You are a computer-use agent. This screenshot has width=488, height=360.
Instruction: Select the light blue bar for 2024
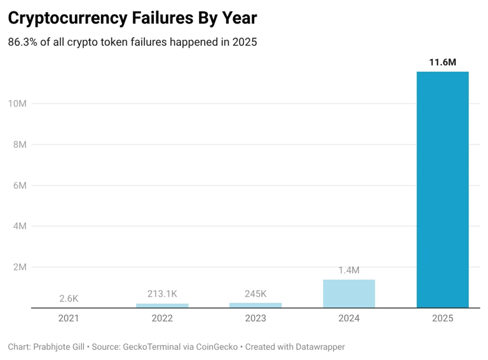[349, 293]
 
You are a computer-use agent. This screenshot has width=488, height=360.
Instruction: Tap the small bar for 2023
[255, 305]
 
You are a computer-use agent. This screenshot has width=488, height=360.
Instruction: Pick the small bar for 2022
[162, 306]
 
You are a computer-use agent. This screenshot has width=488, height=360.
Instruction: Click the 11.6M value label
[442, 62]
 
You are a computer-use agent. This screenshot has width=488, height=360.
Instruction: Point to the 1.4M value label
[349, 270]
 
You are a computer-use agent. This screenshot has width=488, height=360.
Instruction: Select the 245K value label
[255, 294]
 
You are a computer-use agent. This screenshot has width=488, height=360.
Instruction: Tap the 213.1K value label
[162, 294]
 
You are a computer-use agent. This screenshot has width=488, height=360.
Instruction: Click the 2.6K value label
[69, 298]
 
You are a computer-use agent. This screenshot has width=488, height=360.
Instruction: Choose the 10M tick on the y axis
[17, 104]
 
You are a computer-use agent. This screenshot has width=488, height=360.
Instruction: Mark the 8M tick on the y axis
[19, 144]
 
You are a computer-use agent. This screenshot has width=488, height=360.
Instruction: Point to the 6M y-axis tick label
[19, 186]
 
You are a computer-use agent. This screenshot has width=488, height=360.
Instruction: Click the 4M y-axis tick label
[19, 226]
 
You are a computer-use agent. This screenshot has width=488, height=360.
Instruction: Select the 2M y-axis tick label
[19, 267]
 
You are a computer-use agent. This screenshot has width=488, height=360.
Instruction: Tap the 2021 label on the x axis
[69, 318]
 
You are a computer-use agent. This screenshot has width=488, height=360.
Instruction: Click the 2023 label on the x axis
[255, 318]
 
